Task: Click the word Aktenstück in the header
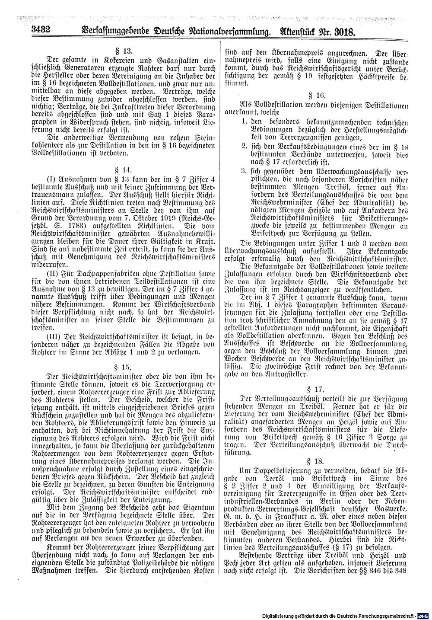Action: (x=294, y=31)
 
